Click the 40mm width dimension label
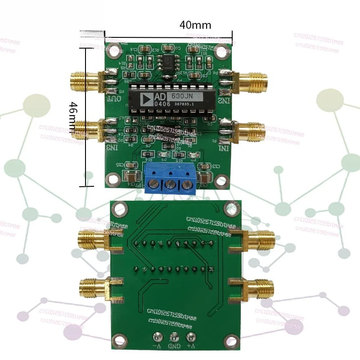[195, 25]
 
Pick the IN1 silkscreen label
[224, 148]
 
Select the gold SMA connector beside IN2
[252, 82]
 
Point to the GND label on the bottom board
[175, 346]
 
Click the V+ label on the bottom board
[191, 346]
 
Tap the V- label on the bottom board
[157, 346]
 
